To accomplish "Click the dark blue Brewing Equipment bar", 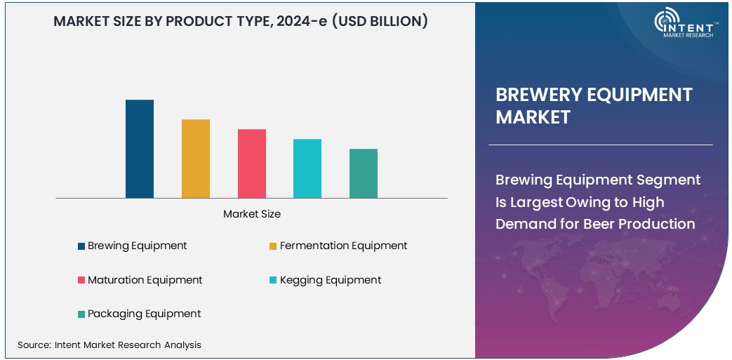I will click(140, 149).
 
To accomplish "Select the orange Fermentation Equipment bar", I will click(196, 159).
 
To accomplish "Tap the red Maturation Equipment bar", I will click(252, 164).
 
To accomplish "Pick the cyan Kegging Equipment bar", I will click(307, 168).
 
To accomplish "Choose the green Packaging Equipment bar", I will click(364, 173).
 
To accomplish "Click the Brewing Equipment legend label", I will click(137, 246).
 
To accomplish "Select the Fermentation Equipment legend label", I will click(343, 246).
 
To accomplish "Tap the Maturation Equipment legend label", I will click(145, 280).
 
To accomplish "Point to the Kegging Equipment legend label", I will click(331, 280).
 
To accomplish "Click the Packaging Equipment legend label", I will click(144, 314).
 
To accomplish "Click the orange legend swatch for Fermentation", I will click(274, 246).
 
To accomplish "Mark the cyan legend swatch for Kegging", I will click(274, 281).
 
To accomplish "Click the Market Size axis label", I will click(252, 214).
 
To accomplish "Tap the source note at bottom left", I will click(109, 345).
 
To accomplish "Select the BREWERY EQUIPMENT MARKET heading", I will click(594, 105).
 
